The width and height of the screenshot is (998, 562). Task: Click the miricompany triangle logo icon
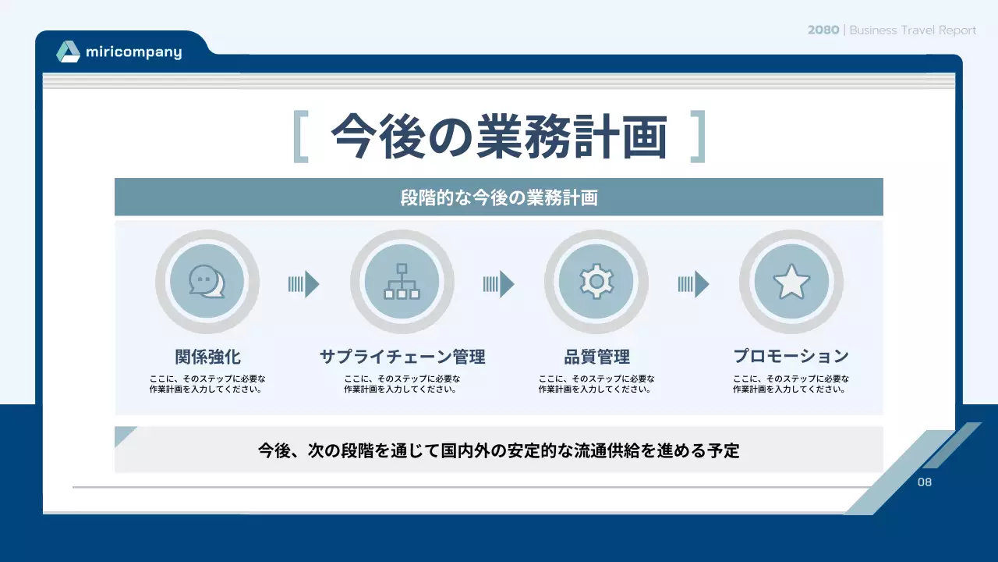[68, 52]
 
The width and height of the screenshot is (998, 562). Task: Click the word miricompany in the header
[133, 53]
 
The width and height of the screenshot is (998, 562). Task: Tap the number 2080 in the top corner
[823, 30]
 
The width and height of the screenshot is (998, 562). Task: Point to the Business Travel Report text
[912, 30]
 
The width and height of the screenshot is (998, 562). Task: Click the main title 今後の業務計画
[499, 137]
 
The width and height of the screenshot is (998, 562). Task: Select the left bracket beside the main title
[301, 137]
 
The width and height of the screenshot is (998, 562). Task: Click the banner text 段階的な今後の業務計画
[499, 197]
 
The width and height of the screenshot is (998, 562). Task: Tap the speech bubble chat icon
[207, 282]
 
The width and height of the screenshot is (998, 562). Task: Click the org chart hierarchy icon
[402, 282]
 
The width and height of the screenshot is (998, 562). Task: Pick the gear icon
[596, 282]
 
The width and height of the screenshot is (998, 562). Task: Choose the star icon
[791, 282]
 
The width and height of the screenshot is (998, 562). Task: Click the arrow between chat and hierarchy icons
[304, 284]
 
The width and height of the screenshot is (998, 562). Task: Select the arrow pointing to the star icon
[694, 284]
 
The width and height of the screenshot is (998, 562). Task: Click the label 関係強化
[207, 357]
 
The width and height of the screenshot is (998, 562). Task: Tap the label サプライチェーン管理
[402, 357]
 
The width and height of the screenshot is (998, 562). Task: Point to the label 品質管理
[596, 357]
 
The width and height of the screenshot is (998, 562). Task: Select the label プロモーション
[791, 356]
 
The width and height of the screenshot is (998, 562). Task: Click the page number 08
[925, 482]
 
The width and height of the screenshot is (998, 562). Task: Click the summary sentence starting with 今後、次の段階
[499, 450]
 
